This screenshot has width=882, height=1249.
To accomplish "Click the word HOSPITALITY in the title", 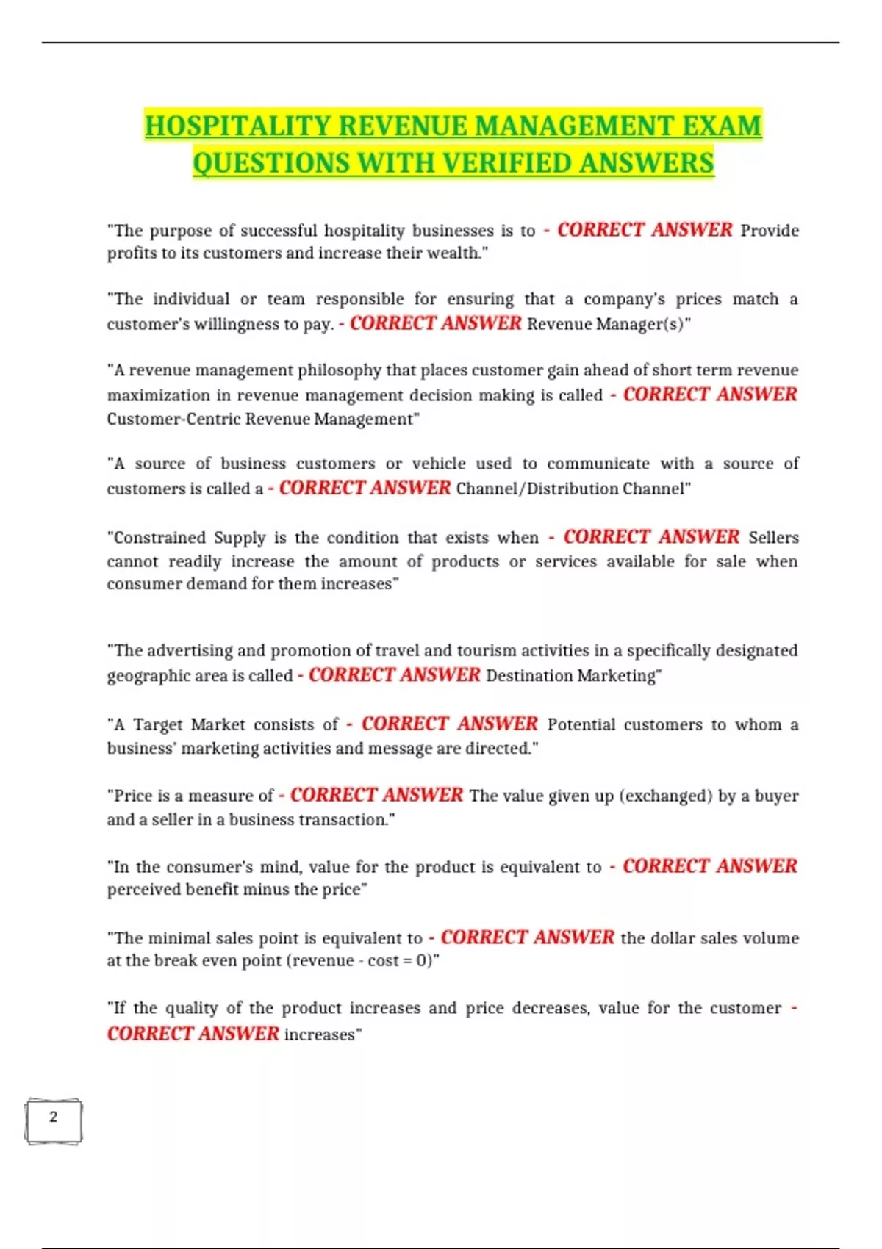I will click(237, 126).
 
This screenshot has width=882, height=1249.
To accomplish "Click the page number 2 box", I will click(53, 1120).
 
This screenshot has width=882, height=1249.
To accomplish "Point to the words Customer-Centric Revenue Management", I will click(259, 420).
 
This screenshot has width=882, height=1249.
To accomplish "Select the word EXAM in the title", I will click(721, 126).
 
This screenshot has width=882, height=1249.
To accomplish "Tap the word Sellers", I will click(773, 538).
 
